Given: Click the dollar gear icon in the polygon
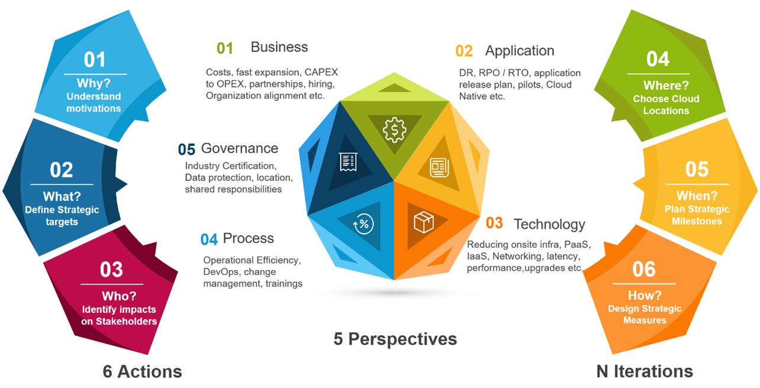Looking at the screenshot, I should [394, 130].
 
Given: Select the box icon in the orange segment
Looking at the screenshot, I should [423, 223].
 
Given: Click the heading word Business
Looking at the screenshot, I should [279, 47].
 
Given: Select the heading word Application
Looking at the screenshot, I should [520, 51].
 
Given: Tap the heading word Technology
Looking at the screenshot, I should [549, 224].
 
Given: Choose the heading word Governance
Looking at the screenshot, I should [240, 148].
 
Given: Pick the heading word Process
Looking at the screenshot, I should [249, 238].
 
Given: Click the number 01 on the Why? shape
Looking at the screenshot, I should [95, 59].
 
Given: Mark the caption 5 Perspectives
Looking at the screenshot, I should [395, 339].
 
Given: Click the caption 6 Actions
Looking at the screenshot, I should [142, 371].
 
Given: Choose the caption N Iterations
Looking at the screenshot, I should [645, 371].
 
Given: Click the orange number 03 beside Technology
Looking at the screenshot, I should [494, 223].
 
